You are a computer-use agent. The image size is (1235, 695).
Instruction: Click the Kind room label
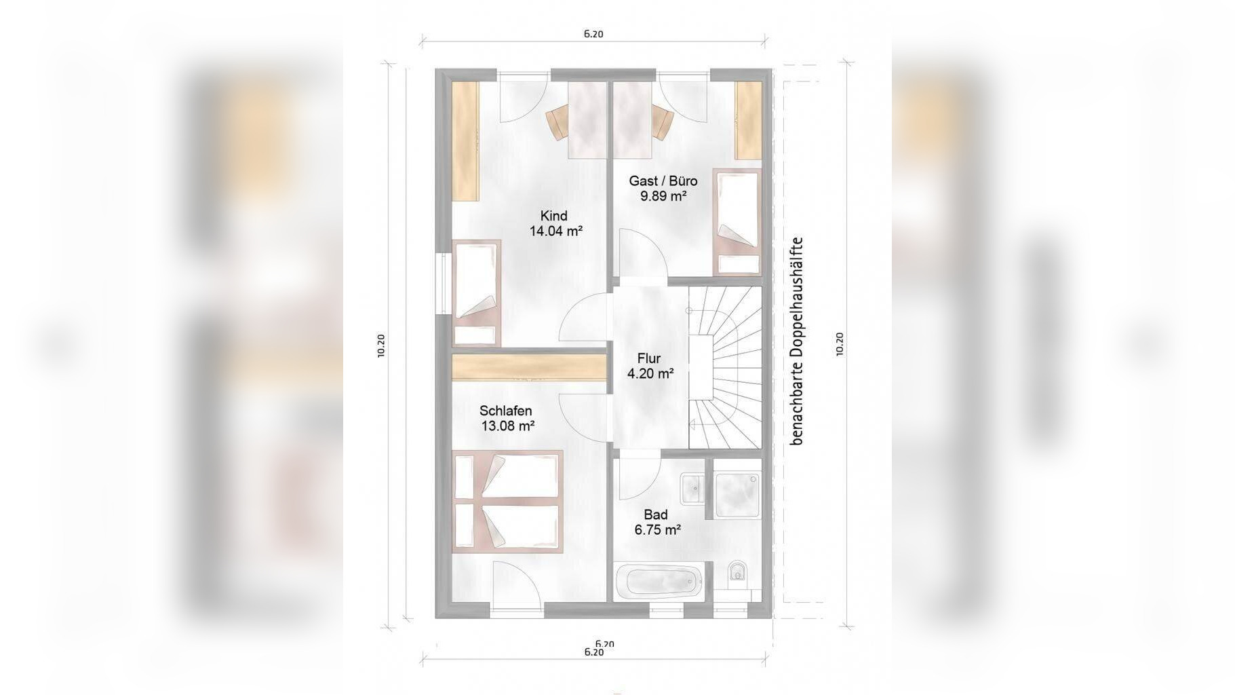point(553,216)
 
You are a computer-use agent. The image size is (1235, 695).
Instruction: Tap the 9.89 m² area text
point(663,196)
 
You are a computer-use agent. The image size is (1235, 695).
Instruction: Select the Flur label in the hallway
point(648,358)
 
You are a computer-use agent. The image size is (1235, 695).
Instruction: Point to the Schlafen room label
point(505,411)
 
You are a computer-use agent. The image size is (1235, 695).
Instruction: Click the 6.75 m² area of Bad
point(657,530)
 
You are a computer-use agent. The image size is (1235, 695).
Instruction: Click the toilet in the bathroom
point(737,576)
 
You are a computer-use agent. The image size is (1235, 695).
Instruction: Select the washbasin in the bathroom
point(692,488)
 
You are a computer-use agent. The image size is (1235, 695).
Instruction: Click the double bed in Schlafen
point(507,501)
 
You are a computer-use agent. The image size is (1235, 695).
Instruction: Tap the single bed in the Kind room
point(476,293)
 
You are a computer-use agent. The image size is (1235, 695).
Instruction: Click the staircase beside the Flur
point(725,367)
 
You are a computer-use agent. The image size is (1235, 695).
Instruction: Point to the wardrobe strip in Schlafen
point(529,367)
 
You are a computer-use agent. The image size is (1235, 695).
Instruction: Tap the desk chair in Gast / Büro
point(662,122)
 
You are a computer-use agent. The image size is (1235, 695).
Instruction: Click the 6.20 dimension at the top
point(593,34)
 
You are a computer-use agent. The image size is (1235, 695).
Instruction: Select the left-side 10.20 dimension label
point(381,345)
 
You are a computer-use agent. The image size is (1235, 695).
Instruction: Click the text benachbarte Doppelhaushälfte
point(796,341)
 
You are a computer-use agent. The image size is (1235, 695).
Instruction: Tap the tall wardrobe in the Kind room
point(466,141)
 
